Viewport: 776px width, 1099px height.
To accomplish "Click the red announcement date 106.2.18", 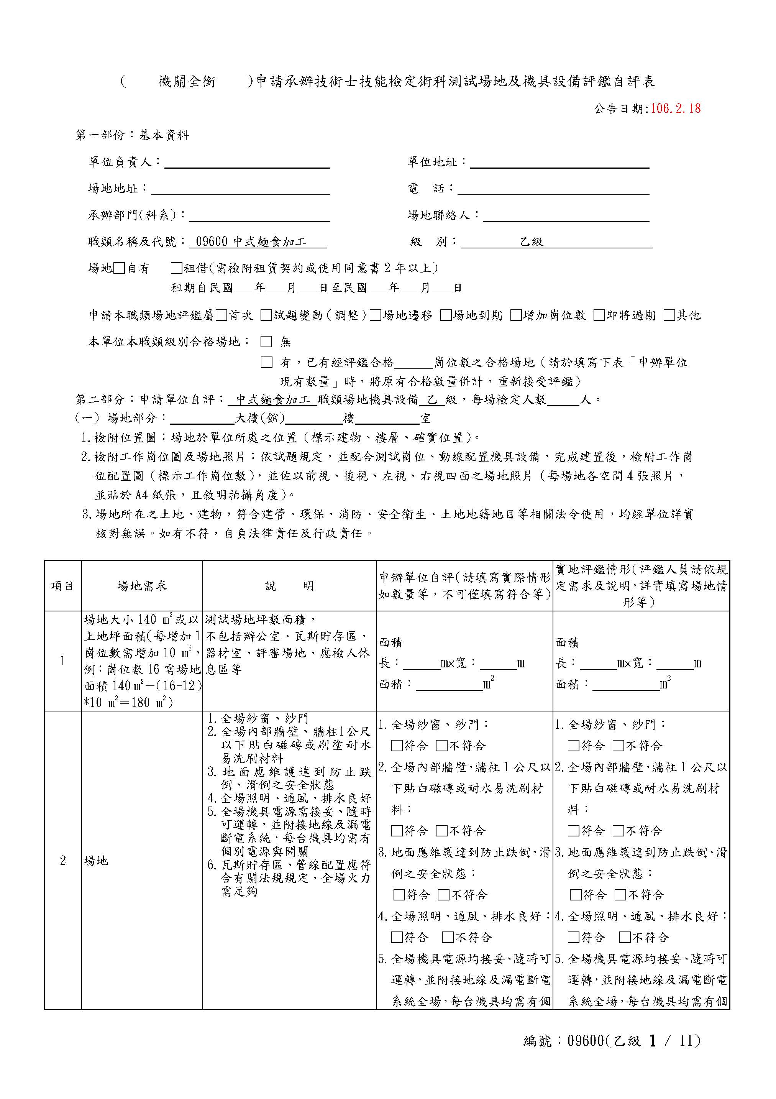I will pos(675,108).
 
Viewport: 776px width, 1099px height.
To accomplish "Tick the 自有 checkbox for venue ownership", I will pos(119,268).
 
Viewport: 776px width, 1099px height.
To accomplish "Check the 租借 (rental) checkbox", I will pos(176,268).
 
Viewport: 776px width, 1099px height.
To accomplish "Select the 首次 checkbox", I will pos(221,315).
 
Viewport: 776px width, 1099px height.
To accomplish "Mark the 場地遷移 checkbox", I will pos(376,315).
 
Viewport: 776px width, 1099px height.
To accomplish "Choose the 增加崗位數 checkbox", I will pos(515,315).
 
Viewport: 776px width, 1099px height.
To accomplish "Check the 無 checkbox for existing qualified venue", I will pos(266,342).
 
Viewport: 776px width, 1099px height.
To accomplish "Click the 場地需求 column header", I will pos(142,586).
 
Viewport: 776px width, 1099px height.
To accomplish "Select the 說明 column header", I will pos(289,586).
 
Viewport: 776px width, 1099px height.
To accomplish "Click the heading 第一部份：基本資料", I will pos(133,135).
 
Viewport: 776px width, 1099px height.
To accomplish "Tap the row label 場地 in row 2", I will pos(96,861).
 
